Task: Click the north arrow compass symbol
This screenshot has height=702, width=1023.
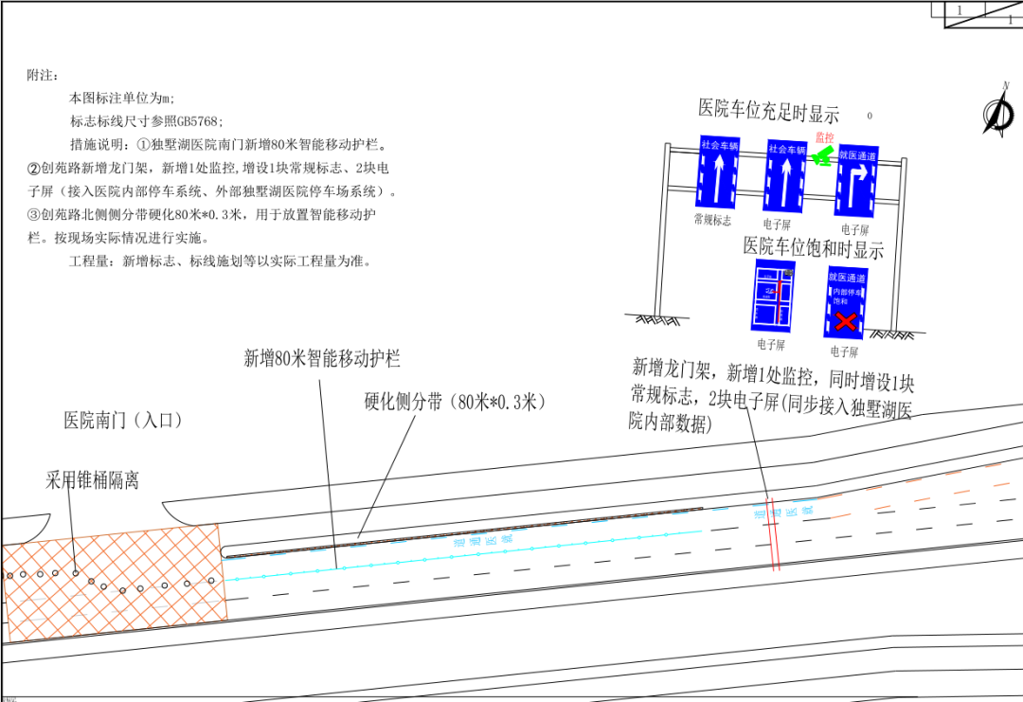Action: [x=998, y=111]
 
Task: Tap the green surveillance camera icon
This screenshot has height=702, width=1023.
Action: [x=822, y=156]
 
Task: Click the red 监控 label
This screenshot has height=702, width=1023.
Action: [x=824, y=138]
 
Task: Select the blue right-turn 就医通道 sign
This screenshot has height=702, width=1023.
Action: [x=856, y=180]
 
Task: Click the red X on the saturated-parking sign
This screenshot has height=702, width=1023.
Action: [x=845, y=321]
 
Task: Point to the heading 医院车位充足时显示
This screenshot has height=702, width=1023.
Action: [x=768, y=110]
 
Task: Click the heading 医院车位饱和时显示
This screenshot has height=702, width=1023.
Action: [x=813, y=249]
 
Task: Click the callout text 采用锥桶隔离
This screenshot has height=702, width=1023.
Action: [x=92, y=480]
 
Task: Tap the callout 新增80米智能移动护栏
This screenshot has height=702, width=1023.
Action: [x=322, y=358]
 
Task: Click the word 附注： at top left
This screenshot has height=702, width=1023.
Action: [x=44, y=75]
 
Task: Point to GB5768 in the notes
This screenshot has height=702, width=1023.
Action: [x=200, y=121]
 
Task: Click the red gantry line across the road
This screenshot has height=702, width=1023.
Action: [x=773, y=535]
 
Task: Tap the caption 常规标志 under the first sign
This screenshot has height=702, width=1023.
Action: [x=712, y=220]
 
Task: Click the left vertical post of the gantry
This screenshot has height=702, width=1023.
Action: [x=666, y=227]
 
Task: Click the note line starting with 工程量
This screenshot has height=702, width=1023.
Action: [x=218, y=261]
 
